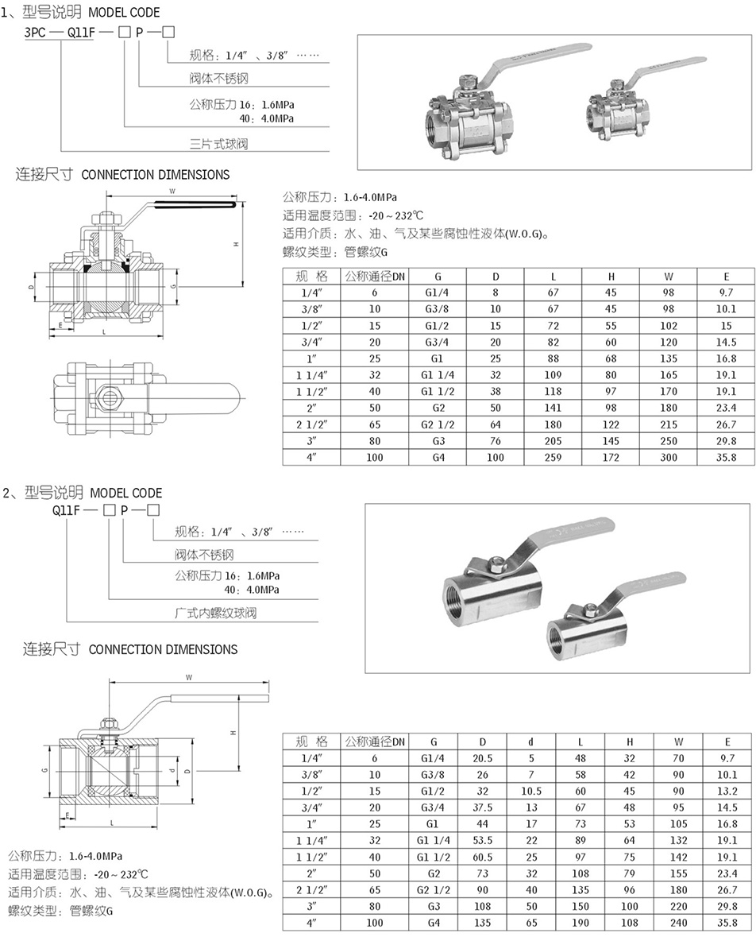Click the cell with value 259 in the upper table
553,457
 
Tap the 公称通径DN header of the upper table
374,277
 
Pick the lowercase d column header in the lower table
531,741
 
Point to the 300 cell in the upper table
669,457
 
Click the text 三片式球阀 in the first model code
214,144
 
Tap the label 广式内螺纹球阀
215,614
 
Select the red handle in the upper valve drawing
194,207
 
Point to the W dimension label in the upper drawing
172,192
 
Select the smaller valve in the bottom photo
588,627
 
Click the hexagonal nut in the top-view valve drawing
110,394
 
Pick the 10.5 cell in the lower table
531,791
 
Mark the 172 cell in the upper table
611,457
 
